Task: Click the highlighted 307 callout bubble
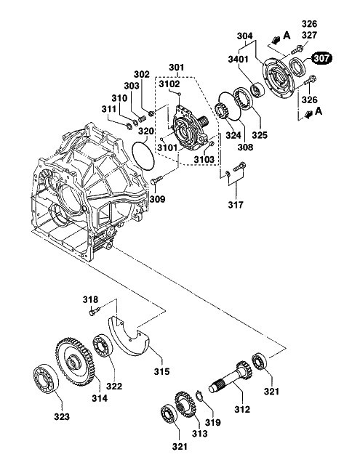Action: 321,58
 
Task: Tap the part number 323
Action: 62,417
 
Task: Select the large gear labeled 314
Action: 74,361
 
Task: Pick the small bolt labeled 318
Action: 95,311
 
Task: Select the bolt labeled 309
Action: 156,180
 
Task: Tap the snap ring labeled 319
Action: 199,396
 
